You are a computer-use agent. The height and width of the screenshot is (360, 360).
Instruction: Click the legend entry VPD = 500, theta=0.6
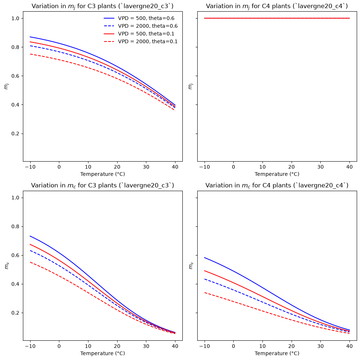point(139,18)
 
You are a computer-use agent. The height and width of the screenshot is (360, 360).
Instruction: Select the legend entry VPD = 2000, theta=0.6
point(141,26)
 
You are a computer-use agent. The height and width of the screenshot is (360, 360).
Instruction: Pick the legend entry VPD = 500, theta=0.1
point(139,34)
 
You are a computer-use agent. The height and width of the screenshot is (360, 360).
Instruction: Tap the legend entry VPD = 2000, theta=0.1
point(141,41)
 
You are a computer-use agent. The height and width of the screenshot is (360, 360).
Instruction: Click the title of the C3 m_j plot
point(103,6)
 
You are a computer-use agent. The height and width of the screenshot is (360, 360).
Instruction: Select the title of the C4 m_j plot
point(277,6)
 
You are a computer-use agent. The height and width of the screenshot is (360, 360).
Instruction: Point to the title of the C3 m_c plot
point(103,185)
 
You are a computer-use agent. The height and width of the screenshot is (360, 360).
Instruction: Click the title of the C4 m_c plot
point(277,185)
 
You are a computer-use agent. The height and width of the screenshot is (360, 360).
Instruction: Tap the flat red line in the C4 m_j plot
point(277,18)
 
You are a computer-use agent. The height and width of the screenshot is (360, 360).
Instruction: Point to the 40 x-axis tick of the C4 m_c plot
point(349,346)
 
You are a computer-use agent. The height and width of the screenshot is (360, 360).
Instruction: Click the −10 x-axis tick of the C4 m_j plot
point(204,167)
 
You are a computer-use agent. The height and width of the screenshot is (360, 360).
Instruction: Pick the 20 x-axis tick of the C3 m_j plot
point(117,167)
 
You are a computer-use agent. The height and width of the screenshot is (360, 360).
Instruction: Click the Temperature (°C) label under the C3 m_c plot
point(103,353)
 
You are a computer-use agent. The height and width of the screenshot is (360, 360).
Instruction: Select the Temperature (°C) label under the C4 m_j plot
point(277,174)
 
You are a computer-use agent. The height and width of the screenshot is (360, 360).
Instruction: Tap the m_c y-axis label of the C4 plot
point(191,266)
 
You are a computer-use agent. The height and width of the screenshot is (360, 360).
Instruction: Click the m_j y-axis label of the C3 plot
point(6,86)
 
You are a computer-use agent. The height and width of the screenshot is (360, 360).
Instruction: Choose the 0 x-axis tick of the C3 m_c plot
point(59,346)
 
